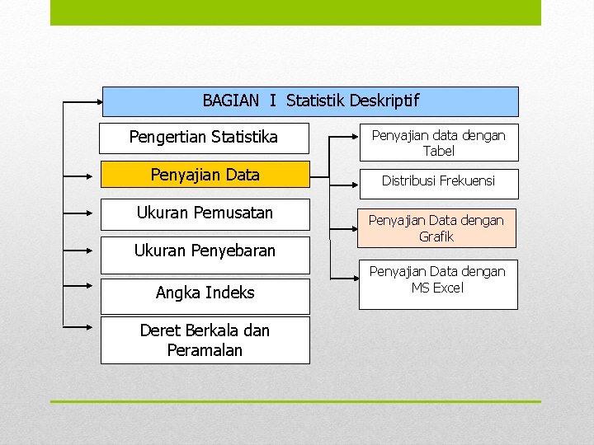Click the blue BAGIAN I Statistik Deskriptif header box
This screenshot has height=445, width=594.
310,101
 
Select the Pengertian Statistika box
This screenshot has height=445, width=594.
204,138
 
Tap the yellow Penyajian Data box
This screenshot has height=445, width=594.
205,175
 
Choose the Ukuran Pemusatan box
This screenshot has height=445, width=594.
205,213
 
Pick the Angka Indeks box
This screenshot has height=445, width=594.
205,293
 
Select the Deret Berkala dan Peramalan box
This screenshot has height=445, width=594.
205,340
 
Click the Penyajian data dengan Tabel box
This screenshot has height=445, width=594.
438,143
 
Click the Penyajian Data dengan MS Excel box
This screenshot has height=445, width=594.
437,284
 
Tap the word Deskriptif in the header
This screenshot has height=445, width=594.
384,101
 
